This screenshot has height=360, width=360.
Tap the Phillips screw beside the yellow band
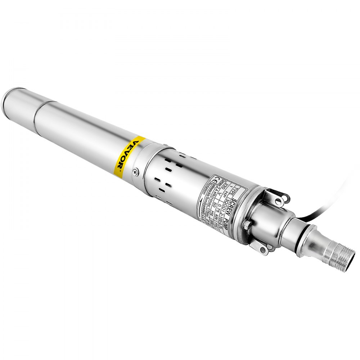pyautogui.click(x=135, y=172)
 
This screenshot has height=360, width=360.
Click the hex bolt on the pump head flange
pyautogui.click(x=247, y=226)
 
